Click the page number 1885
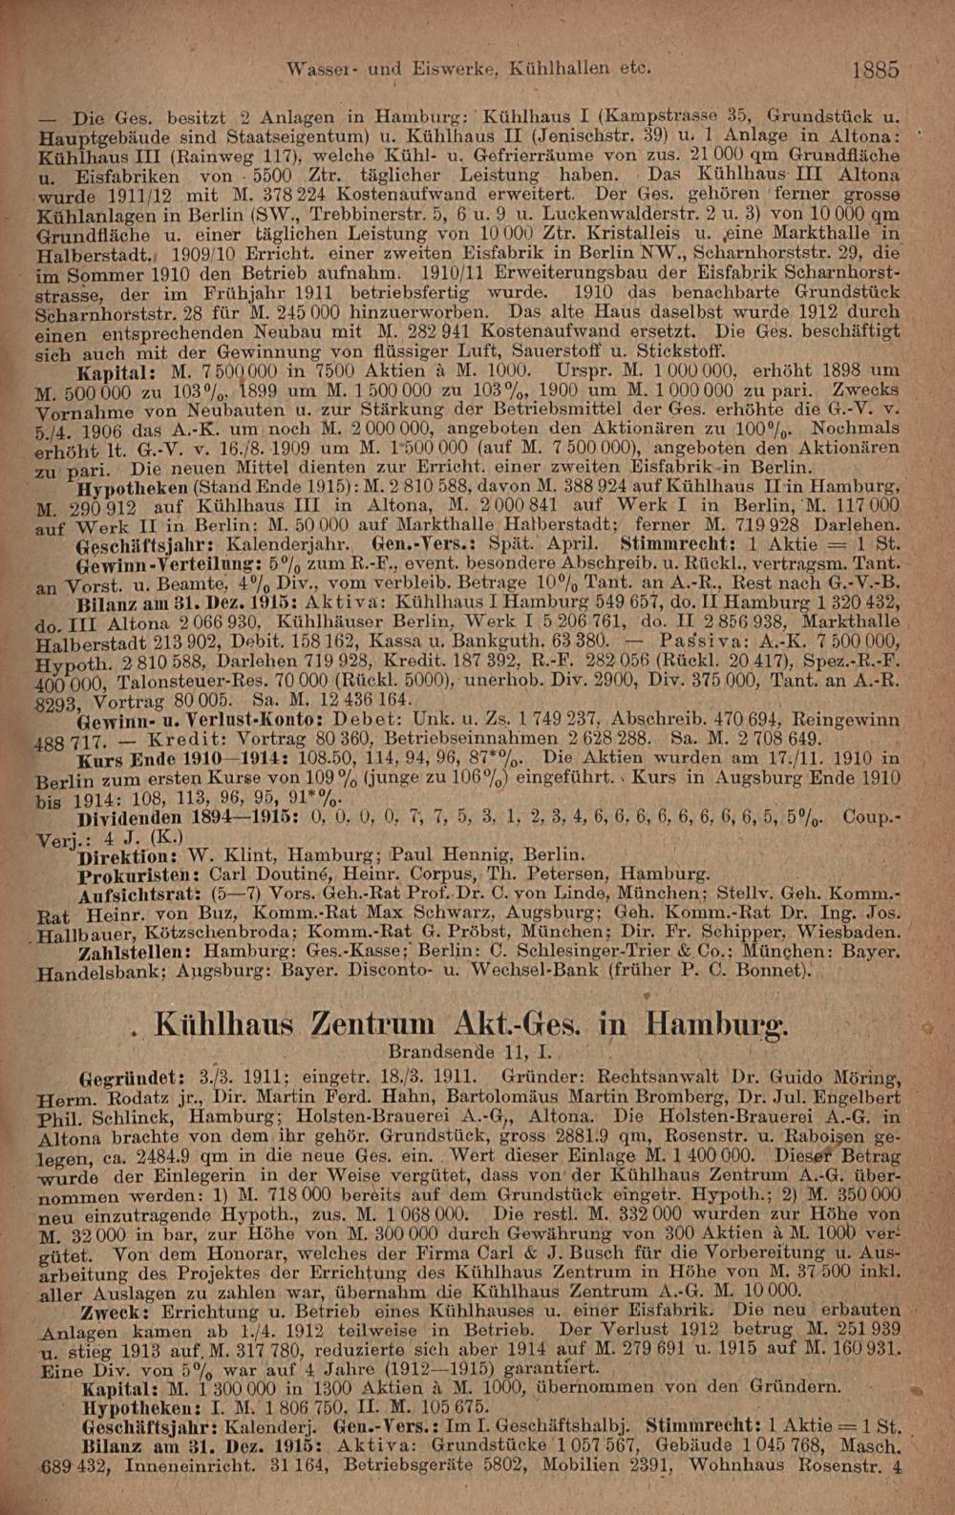click(x=876, y=71)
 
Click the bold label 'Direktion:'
click(x=131, y=855)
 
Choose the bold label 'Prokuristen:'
click(x=137, y=874)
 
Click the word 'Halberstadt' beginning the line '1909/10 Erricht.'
click(x=93, y=256)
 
